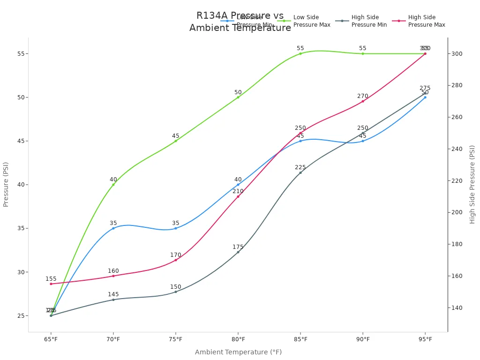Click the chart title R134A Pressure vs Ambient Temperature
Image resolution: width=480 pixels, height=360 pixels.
[x=240, y=22]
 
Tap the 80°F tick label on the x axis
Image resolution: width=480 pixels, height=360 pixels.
[x=238, y=339]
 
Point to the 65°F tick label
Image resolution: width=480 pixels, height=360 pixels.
[x=51, y=339]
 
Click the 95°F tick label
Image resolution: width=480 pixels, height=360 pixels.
[x=425, y=339]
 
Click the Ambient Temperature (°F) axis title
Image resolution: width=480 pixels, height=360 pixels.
[x=238, y=352]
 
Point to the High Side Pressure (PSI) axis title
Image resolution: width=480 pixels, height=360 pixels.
[x=472, y=184]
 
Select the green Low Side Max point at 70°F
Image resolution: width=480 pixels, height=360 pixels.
[x=113, y=185]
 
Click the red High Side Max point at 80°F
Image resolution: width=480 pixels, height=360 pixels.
[x=238, y=196]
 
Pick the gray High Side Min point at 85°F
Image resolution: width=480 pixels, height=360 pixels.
[x=300, y=172]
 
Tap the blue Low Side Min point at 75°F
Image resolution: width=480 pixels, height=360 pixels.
[x=176, y=228]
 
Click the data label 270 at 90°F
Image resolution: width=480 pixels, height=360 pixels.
[x=363, y=96]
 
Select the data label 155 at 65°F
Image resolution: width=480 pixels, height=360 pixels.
[x=51, y=279]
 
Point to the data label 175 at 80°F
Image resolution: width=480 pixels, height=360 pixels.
[x=238, y=247]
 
